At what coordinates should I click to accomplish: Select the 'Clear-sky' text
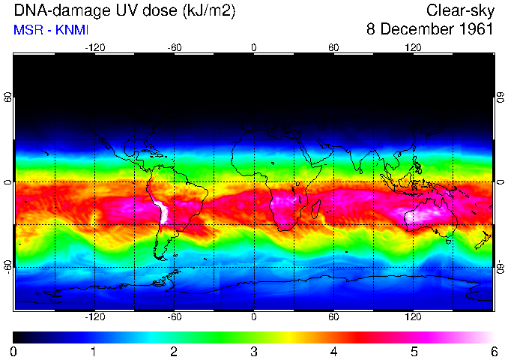[460, 11]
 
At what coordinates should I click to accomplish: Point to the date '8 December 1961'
[430, 30]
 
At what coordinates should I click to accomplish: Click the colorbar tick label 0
[13, 351]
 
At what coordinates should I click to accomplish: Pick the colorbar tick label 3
[254, 351]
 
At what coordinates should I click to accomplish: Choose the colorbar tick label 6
[494, 351]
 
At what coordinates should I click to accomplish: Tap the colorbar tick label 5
[414, 351]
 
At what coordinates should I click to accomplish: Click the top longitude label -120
[94, 47]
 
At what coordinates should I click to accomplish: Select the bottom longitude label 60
[333, 317]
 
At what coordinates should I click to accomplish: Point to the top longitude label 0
[254, 47]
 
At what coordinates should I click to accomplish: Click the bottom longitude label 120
[414, 317]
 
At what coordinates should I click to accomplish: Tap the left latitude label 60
[8, 98]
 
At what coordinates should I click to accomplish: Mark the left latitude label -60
[8, 267]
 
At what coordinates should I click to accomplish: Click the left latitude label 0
[8, 182]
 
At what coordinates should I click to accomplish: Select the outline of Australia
[430, 217]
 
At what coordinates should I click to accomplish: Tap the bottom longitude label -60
[174, 317]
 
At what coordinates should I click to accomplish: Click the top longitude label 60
[333, 47]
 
